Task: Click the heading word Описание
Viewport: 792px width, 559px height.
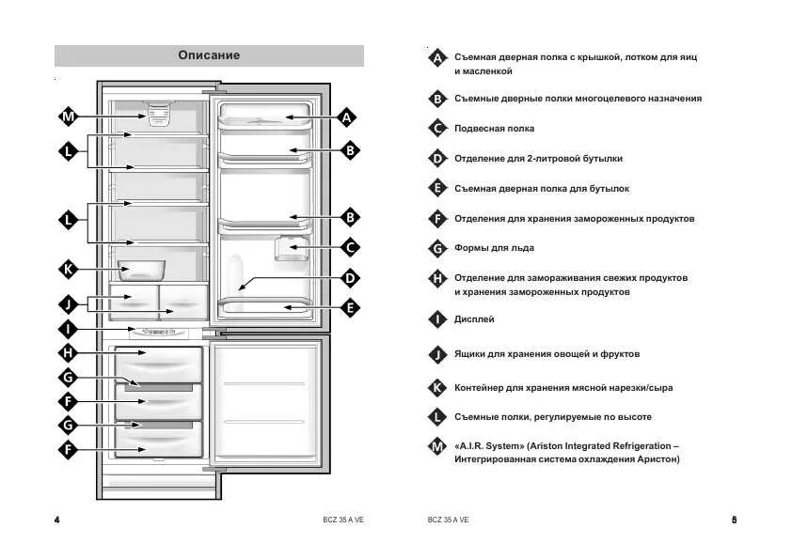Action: (209, 55)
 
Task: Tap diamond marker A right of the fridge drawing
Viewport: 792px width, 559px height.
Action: (348, 117)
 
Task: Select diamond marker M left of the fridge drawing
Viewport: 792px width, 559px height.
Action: (68, 117)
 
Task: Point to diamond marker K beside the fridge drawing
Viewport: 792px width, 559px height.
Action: (68, 269)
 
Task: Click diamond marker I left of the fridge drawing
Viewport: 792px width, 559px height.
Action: (68, 329)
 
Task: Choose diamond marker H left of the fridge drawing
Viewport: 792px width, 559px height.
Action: (68, 353)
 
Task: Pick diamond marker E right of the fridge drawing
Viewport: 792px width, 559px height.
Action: (350, 307)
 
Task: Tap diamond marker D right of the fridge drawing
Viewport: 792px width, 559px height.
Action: (350, 278)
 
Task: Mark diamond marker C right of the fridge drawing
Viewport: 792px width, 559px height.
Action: (350, 248)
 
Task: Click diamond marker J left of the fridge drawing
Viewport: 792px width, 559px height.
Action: (68, 303)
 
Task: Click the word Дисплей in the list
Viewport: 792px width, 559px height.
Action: (474, 319)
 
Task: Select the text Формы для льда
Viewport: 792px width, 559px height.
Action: (494, 248)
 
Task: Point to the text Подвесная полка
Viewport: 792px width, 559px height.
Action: (494, 129)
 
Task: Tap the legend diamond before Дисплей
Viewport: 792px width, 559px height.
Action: (436, 319)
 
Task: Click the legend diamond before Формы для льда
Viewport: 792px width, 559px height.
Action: (436, 248)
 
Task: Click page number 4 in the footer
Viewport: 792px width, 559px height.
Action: (57, 520)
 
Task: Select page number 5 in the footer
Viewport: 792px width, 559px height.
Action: (734, 520)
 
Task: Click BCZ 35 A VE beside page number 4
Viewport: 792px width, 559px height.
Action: (342, 520)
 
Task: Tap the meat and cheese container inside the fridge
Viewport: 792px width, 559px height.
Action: (141, 270)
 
